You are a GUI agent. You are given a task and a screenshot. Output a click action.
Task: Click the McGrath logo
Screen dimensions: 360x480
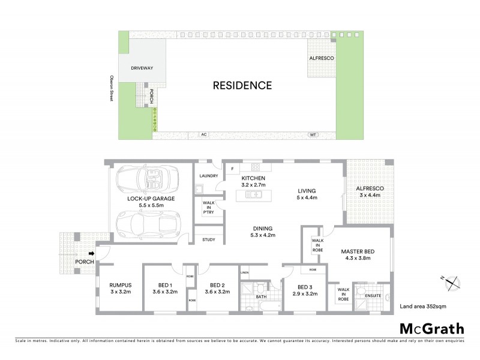click(x=431, y=328)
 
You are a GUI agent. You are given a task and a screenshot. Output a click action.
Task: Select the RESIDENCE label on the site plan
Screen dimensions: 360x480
click(x=242, y=85)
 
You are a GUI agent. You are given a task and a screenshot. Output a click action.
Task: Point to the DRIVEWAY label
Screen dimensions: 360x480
click(x=142, y=68)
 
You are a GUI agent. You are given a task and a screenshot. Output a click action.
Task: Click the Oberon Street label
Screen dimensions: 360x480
click(x=111, y=88)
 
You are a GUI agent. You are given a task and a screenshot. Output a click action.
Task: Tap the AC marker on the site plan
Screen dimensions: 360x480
click(x=203, y=134)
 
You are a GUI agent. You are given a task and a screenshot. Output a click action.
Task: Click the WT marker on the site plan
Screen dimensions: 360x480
click(x=312, y=134)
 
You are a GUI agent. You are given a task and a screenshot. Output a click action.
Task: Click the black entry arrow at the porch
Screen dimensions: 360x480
click(x=91, y=253)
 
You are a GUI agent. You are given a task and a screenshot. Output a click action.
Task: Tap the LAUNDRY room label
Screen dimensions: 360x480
click(x=208, y=176)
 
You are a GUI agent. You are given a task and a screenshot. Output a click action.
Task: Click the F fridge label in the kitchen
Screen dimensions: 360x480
click(x=232, y=169)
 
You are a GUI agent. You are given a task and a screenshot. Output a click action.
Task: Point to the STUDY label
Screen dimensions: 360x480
click(x=208, y=239)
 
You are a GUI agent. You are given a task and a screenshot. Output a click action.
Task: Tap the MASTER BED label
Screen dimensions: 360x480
click(x=358, y=251)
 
